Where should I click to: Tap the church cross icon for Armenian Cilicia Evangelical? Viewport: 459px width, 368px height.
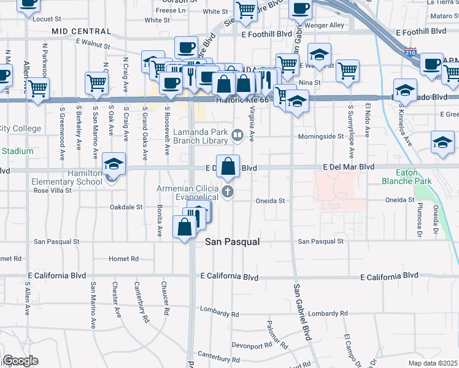[x=228, y=191]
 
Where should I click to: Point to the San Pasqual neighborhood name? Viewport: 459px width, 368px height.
[x=233, y=242]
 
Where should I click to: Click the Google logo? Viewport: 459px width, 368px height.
[x=20, y=361]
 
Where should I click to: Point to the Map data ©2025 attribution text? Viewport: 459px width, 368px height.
[x=432, y=363]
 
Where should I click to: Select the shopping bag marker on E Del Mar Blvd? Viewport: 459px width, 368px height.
[x=228, y=166]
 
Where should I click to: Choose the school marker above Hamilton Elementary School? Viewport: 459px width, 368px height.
[x=114, y=164]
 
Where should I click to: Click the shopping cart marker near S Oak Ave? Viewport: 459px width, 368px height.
[x=97, y=83]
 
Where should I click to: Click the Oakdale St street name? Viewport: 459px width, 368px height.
[x=126, y=207]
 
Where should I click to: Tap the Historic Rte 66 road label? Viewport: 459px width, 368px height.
[x=243, y=99]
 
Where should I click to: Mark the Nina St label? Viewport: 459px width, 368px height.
[x=309, y=83]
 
